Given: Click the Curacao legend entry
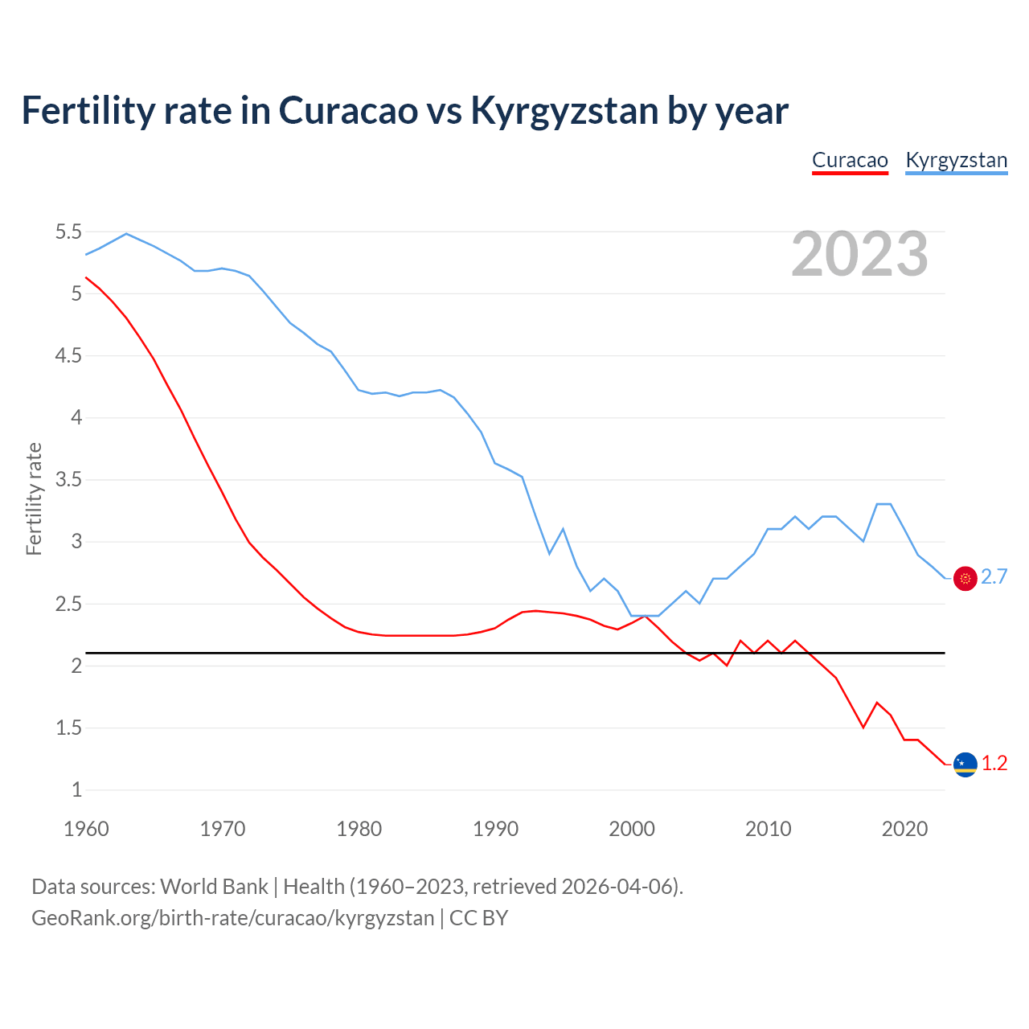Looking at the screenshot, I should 850,160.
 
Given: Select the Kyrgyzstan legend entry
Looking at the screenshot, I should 956,160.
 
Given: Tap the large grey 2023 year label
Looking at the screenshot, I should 859,254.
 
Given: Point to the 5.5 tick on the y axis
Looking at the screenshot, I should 68,232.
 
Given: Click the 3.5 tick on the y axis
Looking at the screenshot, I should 68,480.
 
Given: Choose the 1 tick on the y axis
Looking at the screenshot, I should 76,789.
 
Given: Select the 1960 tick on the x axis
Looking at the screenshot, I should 86,829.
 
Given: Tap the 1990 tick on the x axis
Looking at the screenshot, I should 495,829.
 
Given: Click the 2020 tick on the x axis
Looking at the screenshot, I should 904,829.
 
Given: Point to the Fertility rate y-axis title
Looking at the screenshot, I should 34,498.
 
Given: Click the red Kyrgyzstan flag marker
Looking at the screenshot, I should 965,578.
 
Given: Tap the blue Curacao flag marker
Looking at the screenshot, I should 965,764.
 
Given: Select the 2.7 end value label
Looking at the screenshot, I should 994,577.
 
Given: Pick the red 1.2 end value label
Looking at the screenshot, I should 994,764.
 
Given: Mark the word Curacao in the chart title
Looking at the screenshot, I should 349,111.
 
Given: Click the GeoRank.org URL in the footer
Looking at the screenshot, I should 232,917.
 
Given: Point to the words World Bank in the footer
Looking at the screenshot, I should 214,886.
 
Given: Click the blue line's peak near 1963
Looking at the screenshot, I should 126,234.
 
